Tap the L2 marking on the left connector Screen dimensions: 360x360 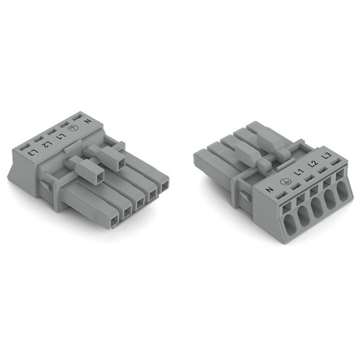(x=46, y=144)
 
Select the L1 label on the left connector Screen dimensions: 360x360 (x=60, y=135)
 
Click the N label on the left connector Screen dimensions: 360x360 (x=88, y=121)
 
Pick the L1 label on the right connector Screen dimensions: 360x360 (x=298, y=173)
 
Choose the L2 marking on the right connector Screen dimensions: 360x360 (x=312, y=165)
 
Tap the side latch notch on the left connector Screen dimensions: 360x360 (x=45, y=186)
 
